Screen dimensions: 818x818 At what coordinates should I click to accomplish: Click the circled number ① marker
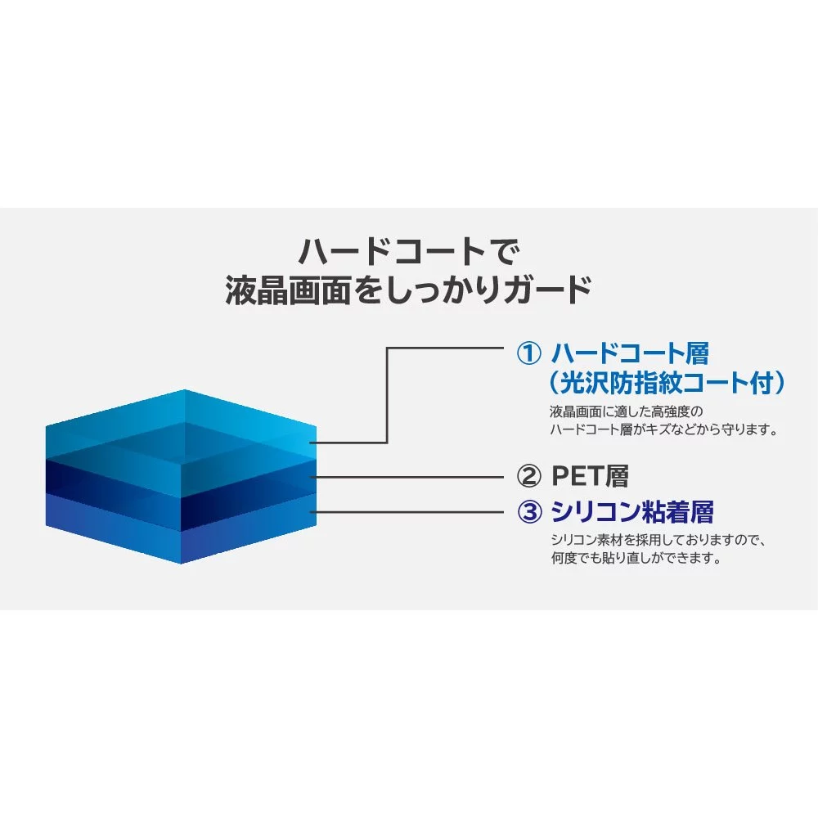528,353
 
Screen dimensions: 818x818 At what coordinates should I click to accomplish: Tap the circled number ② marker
528,476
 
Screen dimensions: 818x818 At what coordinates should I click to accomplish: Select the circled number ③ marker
529,512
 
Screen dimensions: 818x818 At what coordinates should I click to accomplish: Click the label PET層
590,476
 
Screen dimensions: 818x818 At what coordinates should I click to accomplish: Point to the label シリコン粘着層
632,512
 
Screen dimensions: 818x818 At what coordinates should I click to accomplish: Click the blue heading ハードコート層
630,353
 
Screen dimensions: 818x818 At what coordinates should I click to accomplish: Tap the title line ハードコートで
409,251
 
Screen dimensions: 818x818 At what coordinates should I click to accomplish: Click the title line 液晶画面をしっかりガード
408,290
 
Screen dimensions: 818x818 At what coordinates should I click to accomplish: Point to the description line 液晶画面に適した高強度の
626,411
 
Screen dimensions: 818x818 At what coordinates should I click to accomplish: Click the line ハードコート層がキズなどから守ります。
664,430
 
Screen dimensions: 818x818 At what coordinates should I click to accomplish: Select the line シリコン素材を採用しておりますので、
658,540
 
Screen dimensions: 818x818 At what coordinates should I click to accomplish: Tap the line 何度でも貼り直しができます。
636,558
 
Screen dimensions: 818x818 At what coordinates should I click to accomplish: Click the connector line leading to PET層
407,477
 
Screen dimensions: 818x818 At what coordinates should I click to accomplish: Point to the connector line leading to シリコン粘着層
407,512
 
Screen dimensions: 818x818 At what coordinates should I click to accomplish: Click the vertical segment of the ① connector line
387,395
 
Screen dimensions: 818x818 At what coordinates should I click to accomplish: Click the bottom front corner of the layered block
181,564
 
